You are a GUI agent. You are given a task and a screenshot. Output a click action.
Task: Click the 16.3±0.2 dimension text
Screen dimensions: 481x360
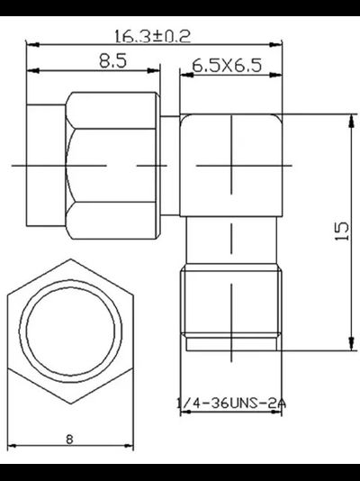[153, 36]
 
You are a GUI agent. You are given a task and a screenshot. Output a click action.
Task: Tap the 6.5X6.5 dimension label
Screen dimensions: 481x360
[226, 65]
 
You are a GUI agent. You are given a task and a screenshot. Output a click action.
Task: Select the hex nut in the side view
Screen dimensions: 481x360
[111, 167]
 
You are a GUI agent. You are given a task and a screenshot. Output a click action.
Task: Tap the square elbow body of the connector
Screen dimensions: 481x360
[231, 167]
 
